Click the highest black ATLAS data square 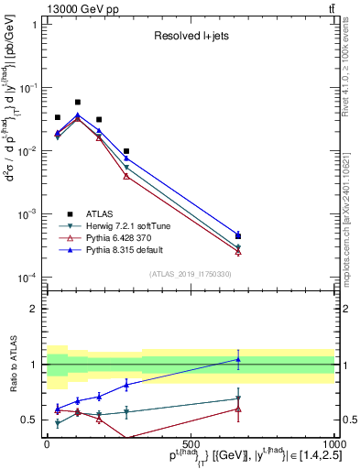coord(78,103)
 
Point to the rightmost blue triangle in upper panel coord(238,235)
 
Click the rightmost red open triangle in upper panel coord(238,252)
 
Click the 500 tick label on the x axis coord(191,444)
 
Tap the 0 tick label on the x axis coord(48,444)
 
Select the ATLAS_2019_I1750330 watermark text coord(191,274)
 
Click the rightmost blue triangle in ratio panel coord(238,359)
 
